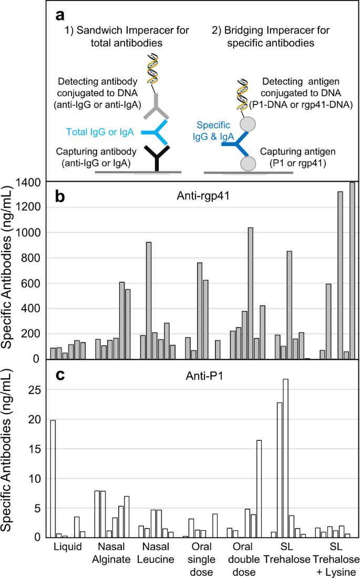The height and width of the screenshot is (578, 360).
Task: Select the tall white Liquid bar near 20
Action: (53, 478)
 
